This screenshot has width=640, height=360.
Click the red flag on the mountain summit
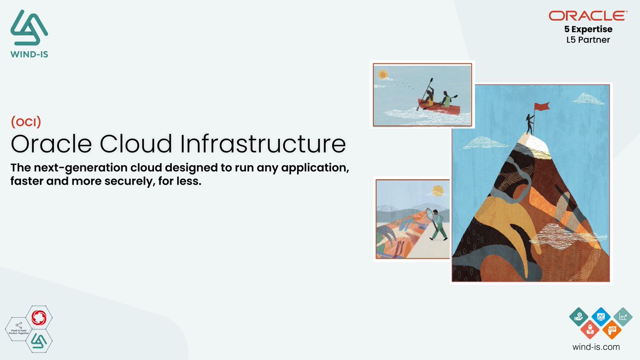(542, 107)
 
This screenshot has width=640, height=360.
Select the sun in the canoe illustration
(382, 75)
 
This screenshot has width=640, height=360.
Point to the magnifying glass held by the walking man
(430, 215)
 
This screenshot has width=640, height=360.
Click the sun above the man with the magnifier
(437, 190)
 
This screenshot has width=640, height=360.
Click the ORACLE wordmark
(588, 16)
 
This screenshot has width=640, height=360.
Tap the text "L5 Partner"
(588, 39)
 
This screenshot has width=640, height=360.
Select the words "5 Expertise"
(588, 29)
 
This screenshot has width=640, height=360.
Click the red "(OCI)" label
(26, 122)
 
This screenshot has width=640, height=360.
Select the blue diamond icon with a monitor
(601, 317)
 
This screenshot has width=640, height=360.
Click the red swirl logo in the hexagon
(39, 318)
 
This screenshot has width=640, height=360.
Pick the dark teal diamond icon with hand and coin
(579, 317)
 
